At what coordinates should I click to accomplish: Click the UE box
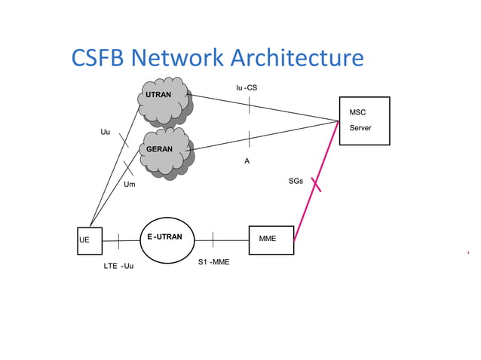tap(89, 240)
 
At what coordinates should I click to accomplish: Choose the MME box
tap(271, 239)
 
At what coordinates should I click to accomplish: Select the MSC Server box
tap(364, 121)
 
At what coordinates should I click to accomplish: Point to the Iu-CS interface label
tap(247, 88)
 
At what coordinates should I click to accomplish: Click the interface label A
tap(247, 161)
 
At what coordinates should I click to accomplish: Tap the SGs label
tap(296, 182)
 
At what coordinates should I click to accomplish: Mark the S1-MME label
tap(213, 262)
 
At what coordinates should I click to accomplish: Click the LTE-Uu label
tap(118, 266)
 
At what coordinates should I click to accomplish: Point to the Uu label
tap(105, 133)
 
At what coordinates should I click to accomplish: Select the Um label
tap(130, 185)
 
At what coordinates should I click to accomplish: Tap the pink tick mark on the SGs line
tap(316, 182)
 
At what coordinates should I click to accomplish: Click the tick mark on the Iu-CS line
tap(248, 105)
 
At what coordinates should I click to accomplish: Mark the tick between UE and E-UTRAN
tap(118, 240)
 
